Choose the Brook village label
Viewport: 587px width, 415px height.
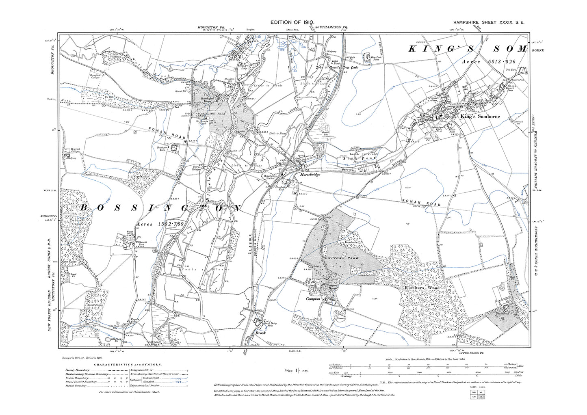pyautogui.click(x=260, y=333)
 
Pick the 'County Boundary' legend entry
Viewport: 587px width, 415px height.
pyautogui.click(x=77, y=370)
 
